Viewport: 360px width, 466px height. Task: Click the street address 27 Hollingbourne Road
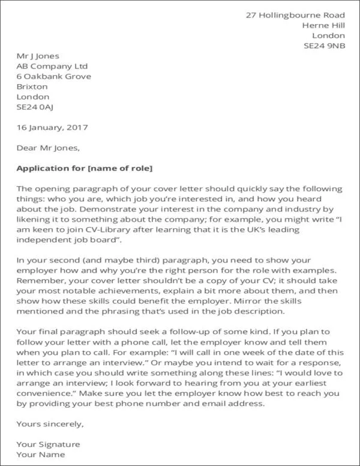[x=295, y=14]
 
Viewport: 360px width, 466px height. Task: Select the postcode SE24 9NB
[x=324, y=45]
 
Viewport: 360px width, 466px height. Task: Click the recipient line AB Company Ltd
[x=52, y=66]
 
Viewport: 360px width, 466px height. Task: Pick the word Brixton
[x=32, y=86]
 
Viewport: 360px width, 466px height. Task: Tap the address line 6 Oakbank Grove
[x=54, y=76]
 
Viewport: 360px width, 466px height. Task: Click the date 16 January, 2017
[x=52, y=127]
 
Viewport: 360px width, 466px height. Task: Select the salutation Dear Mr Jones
[x=47, y=147]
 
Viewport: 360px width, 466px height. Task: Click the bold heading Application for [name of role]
[x=85, y=168]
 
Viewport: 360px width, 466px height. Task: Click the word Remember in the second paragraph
[x=38, y=281]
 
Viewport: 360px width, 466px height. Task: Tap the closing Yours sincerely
[x=50, y=425]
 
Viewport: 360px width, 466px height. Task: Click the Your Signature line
[x=48, y=444]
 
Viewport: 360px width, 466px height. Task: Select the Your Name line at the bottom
[x=40, y=455]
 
